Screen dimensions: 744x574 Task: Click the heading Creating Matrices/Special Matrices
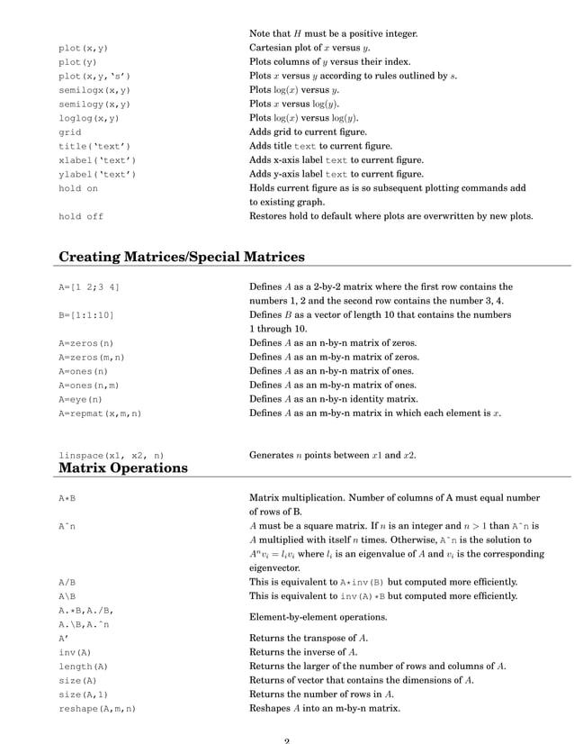click(x=181, y=258)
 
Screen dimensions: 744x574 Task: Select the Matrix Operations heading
click(x=123, y=467)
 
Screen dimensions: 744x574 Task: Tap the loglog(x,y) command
click(x=88, y=118)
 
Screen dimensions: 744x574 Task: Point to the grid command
click(x=69, y=132)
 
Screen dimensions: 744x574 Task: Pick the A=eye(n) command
click(x=82, y=399)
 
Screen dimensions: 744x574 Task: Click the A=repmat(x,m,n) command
click(x=100, y=413)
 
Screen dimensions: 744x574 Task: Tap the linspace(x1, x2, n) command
click(x=111, y=455)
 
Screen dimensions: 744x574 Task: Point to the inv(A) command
click(x=74, y=652)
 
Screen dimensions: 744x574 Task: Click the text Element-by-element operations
click(x=318, y=617)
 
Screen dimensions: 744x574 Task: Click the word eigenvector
click(x=276, y=568)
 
